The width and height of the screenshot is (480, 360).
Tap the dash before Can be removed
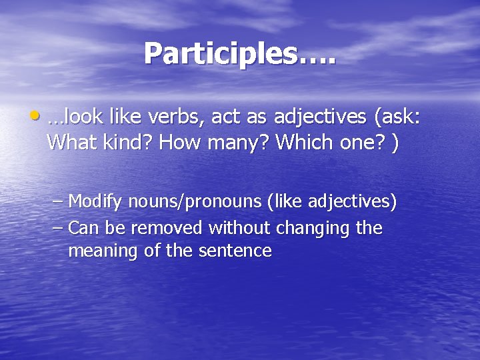tap(58, 228)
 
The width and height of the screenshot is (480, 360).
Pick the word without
tap(233, 228)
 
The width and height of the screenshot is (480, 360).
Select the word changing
tap(308, 228)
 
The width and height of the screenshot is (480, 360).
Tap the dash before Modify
tap(58, 201)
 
